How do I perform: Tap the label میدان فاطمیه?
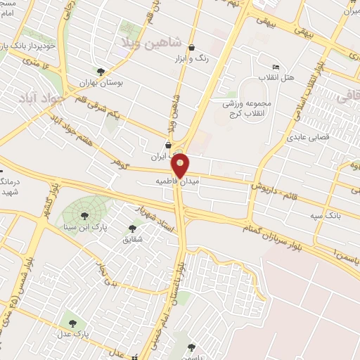pos(179,181)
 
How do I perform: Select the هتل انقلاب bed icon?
pos(275,66)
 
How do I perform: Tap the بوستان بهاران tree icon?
pos(101,71)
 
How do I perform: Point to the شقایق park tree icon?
pos(132,228)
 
